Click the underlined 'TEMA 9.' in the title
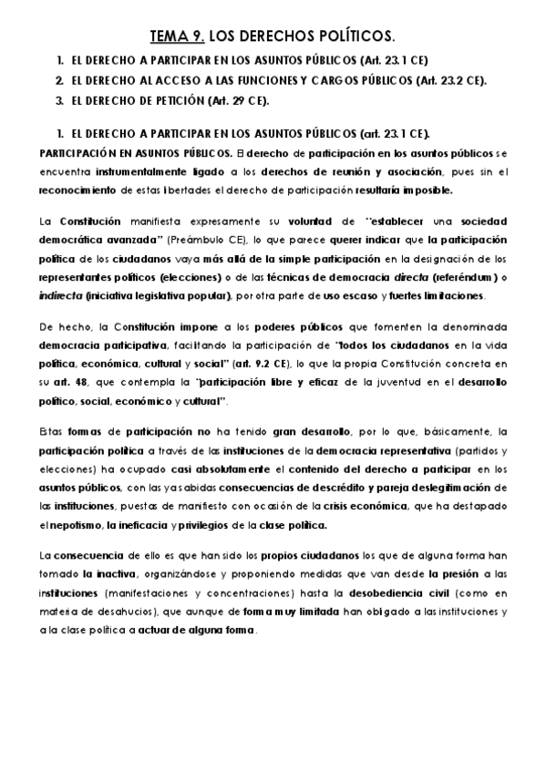pos(178,36)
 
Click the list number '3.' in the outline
pos(59,99)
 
